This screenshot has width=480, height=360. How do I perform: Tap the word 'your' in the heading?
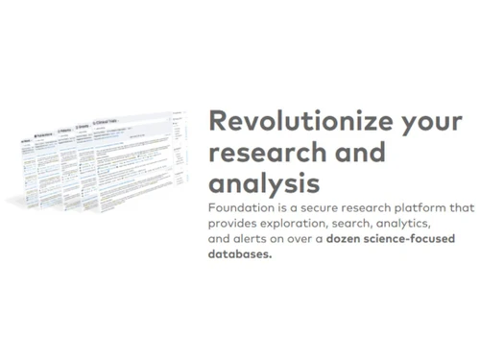tap(416, 122)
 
